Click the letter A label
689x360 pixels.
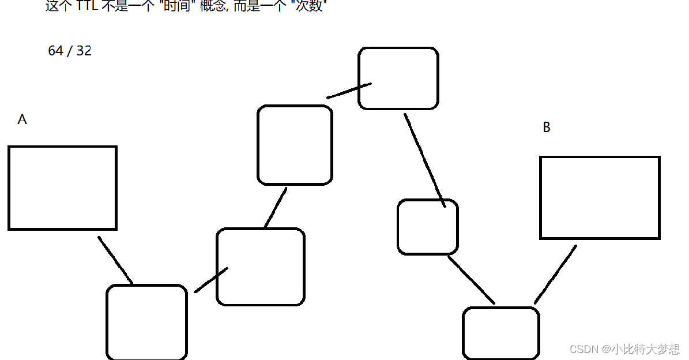(22, 119)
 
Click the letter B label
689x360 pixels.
(547, 127)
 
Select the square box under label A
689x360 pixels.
(62, 188)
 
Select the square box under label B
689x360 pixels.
(600, 198)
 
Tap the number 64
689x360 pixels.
(55, 51)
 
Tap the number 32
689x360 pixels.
(84, 51)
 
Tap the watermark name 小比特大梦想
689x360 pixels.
(646, 349)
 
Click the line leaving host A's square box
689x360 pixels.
(115, 260)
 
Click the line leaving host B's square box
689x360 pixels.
(555, 275)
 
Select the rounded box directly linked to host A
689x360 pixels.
(146, 322)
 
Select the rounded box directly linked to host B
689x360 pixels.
(500, 333)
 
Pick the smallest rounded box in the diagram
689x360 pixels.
(427, 227)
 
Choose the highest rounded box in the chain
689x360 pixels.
(398, 78)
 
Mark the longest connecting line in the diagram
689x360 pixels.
(424, 160)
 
